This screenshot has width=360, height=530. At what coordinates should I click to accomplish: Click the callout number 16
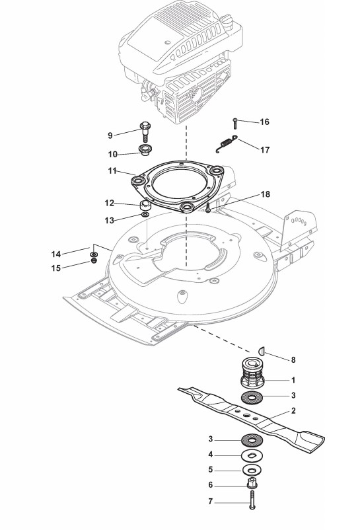click(x=264, y=122)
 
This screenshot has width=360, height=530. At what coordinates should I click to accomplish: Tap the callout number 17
click(x=265, y=149)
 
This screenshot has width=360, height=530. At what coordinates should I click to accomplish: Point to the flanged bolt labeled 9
click(x=145, y=132)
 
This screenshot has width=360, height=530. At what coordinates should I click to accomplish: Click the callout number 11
click(x=112, y=171)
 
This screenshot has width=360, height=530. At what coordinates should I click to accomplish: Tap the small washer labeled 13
click(x=145, y=215)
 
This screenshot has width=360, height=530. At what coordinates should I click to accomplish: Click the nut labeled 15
click(x=94, y=260)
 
